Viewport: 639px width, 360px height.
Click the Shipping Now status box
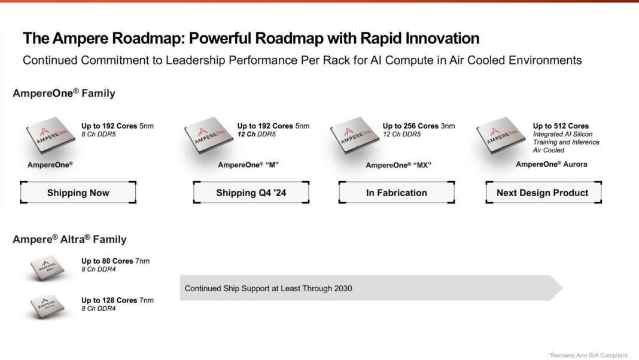(78, 193)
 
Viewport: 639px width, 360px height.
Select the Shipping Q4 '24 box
(251, 193)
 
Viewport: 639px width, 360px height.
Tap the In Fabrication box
(397, 193)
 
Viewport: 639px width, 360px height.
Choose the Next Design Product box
(543, 193)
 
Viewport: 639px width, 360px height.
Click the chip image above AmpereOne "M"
(208, 137)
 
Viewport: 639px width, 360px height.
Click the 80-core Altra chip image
(47, 268)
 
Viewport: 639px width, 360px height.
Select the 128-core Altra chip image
(47, 306)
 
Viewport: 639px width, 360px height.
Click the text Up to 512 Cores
(561, 126)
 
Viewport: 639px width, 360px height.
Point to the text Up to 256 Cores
(410, 126)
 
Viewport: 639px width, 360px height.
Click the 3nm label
(448, 126)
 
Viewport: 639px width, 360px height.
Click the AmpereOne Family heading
(63, 93)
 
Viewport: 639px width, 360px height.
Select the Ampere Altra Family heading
(69, 239)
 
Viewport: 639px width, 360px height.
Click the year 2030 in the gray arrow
(342, 288)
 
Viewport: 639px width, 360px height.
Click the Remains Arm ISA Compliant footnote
(589, 355)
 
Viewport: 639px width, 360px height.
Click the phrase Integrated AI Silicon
(565, 135)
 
